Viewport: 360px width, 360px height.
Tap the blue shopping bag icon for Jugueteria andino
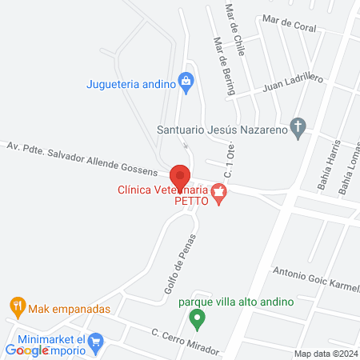(x=186, y=80)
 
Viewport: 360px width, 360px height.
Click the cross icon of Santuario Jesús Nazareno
(x=298, y=126)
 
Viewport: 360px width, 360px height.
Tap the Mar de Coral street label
(x=294, y=23)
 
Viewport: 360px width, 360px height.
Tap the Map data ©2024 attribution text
(x=325, y=354)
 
